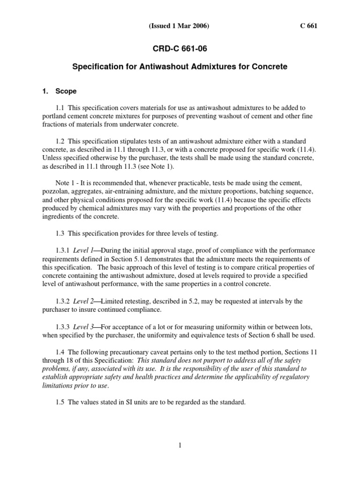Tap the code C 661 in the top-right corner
pos(308,26)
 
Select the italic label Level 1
pos(83,251)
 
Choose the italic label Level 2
pos(83,300)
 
